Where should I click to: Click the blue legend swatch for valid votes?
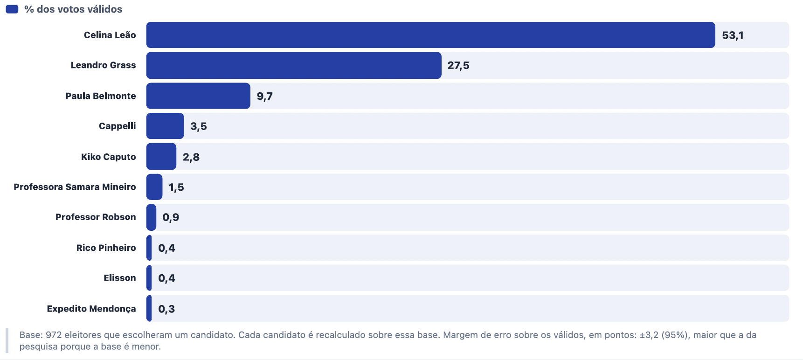12,9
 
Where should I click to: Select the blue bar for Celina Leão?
430,35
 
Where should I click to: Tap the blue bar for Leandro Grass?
294,65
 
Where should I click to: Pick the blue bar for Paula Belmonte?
198,96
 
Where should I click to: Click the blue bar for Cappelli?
165,126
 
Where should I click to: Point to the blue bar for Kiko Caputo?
161,157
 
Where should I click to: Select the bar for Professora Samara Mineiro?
154,187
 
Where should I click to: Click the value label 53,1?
733,35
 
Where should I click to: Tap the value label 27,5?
458,66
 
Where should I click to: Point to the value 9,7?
264,97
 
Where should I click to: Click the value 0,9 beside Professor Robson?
171,217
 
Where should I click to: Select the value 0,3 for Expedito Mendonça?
166,309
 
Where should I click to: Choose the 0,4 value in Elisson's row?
166,278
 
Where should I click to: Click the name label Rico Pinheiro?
106,248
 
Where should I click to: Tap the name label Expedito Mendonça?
91,309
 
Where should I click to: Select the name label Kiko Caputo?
109,157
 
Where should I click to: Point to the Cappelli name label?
118,126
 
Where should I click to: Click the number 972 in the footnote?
54,335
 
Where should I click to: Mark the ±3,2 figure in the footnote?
649,335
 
